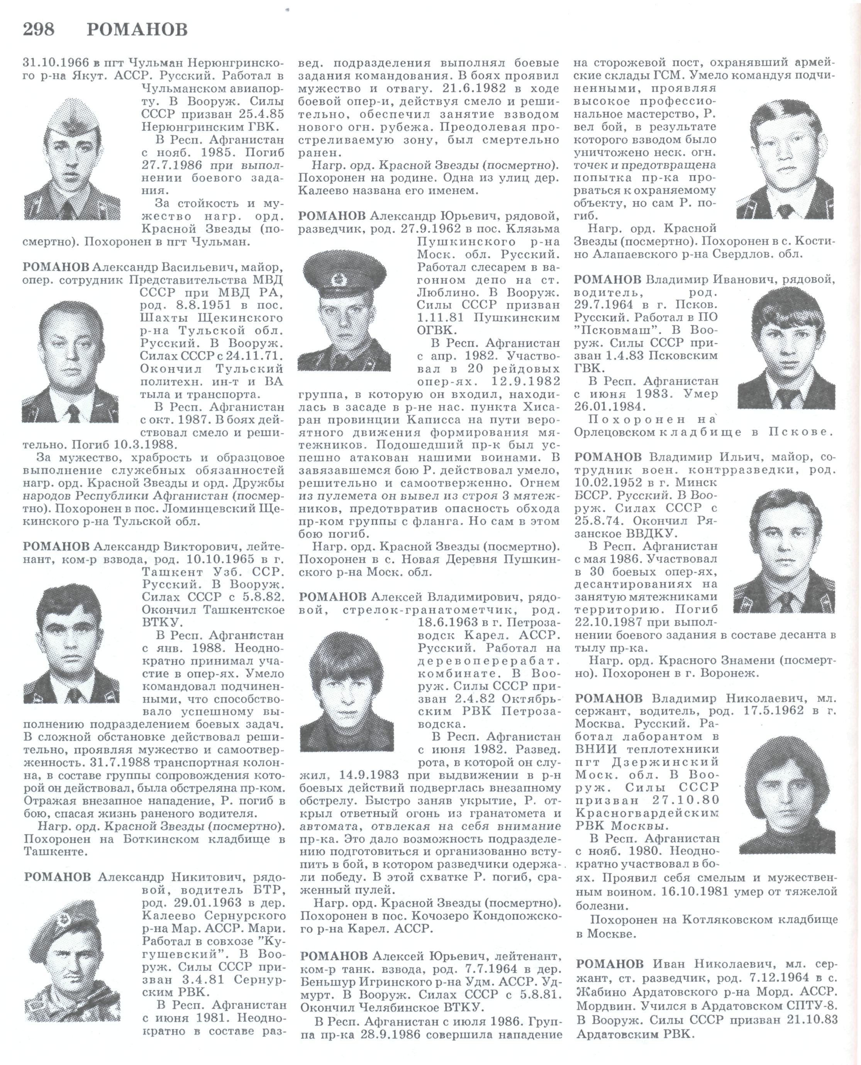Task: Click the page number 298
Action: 39,30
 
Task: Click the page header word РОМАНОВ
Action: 137,30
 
